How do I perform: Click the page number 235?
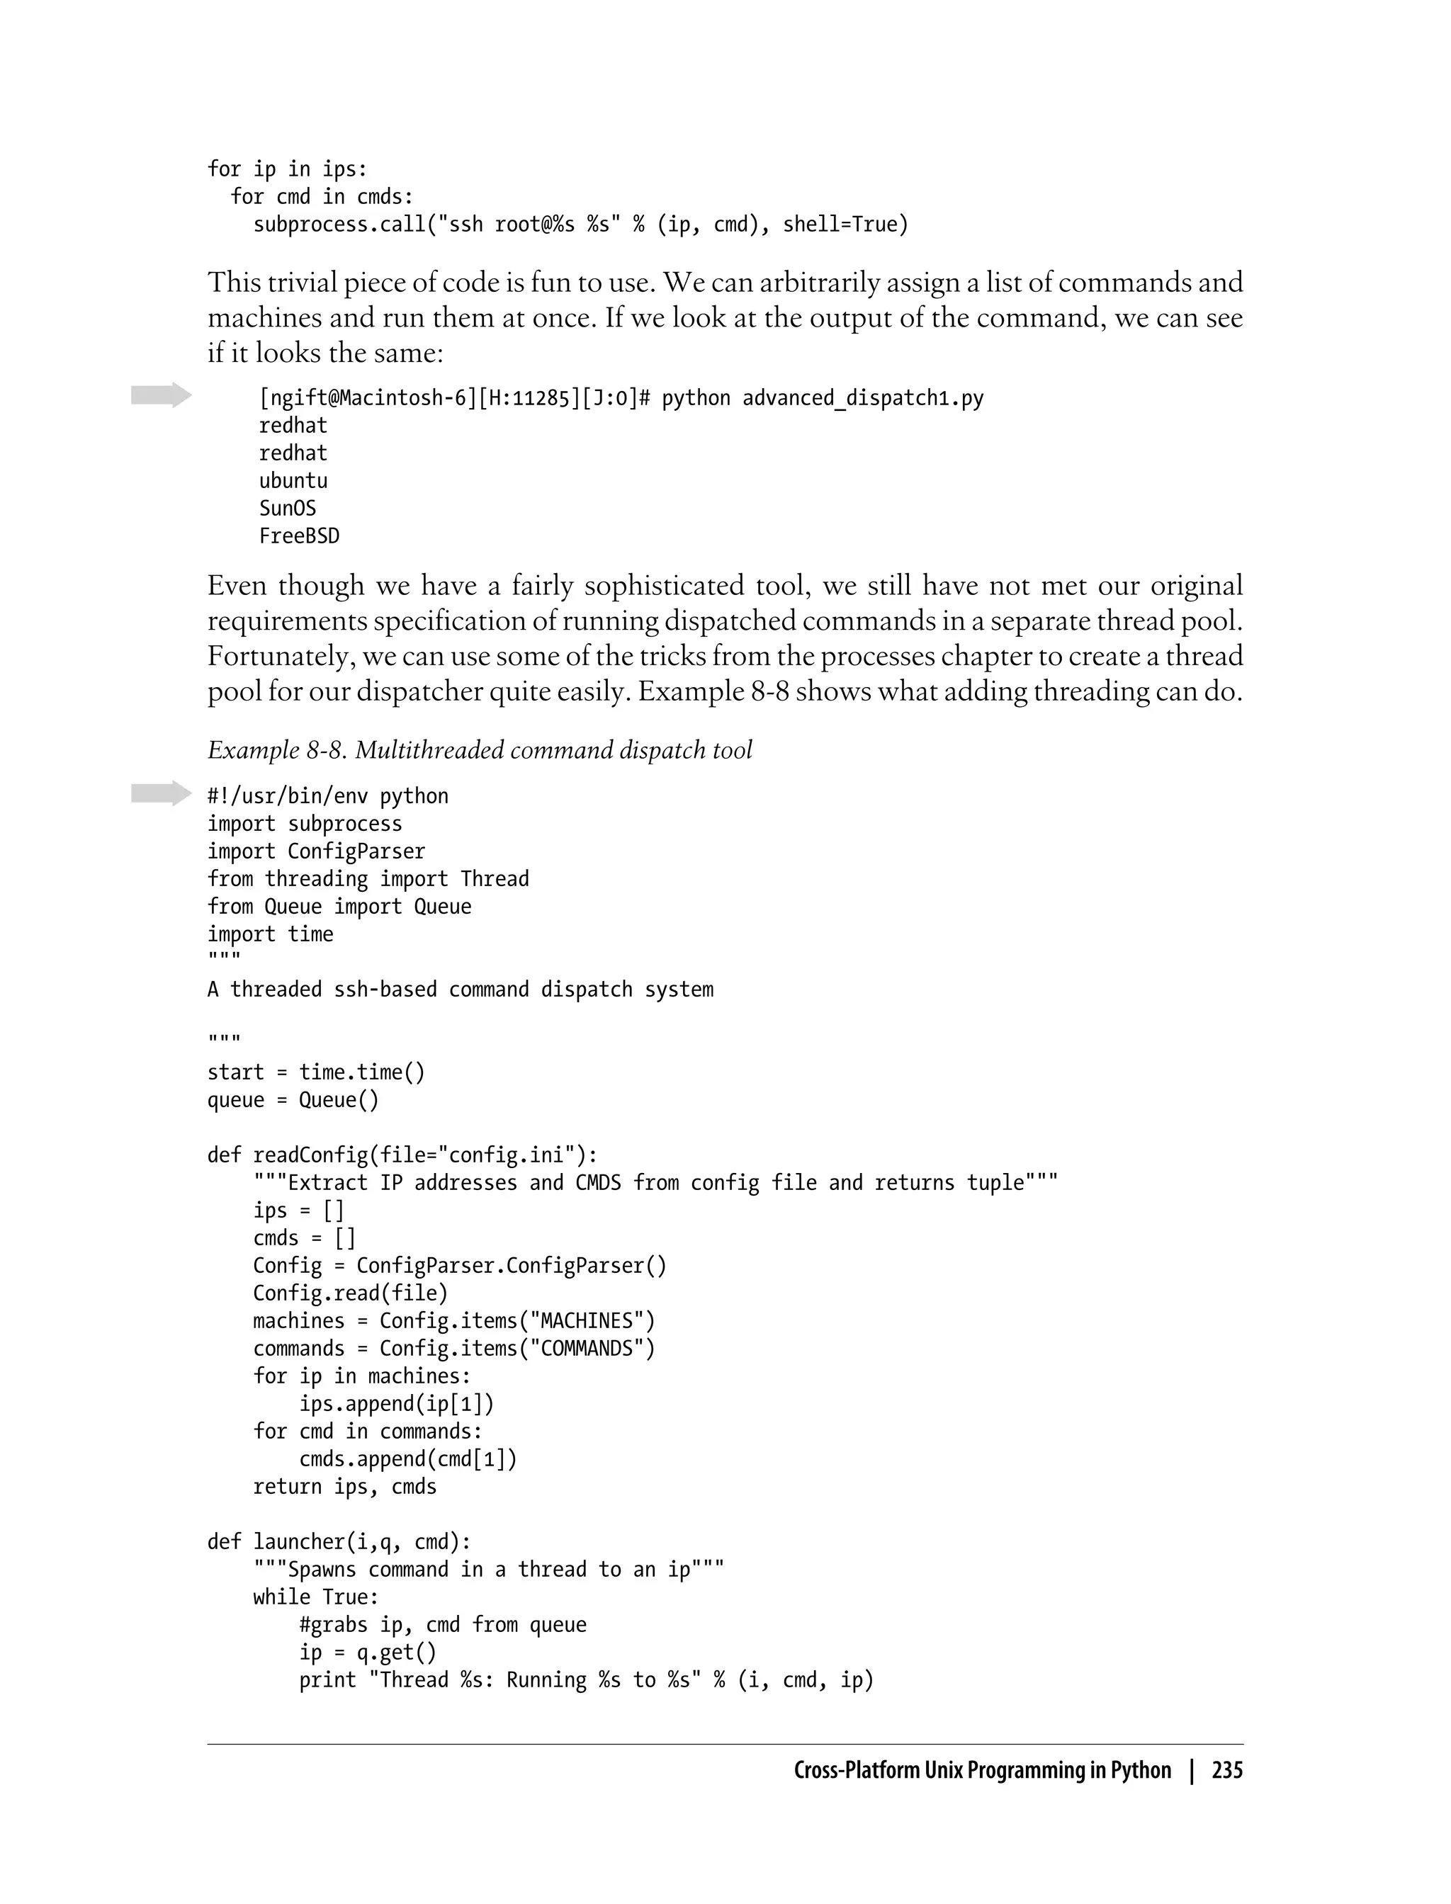tap(1226, 1770)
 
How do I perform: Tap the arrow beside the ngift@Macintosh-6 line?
tap(161, 395)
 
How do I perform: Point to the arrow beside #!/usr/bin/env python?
tap(161, 793)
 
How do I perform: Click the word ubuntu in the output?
tap(293, 481)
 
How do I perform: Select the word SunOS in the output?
tap(288, 509)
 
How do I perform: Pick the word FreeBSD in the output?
tap(299, 536)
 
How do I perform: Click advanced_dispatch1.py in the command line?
tap(863, 398)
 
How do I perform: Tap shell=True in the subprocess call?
tap(845, 225)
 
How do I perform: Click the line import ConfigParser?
tap(316, 851)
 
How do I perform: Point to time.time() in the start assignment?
tap(362, 1072)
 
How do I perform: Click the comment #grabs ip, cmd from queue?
tap(442, 1625)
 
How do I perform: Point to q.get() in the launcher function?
tap(397, 1653)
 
